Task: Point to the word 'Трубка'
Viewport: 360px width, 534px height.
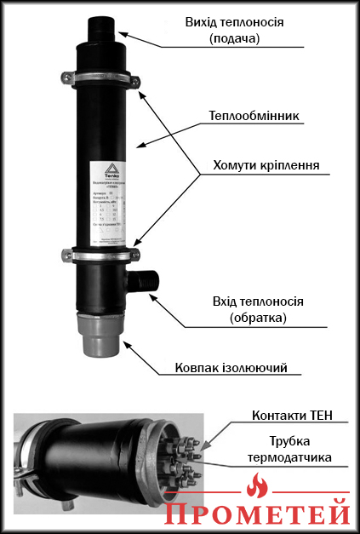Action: point(290,442)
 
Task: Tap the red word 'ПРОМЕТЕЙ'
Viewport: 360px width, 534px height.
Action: point(257,514)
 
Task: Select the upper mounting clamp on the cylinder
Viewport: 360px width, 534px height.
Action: point(100,80)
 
